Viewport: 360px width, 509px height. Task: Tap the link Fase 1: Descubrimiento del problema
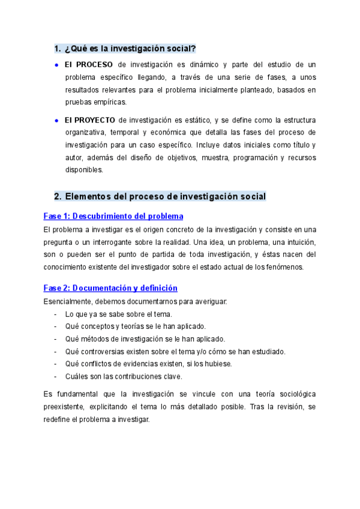(x=113, y=216)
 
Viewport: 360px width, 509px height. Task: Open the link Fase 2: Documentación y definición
(x=110, y=288)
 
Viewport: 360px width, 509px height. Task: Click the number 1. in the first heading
(x=58, y=48)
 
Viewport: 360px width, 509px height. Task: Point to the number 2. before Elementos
(x=58, y=196)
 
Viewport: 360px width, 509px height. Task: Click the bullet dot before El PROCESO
(x=56, y=64)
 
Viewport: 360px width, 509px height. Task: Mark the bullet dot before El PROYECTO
(x=56, y=119)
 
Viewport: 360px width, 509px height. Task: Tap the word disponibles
(x=84, y=169)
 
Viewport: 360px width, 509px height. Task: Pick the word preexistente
(x=65, y=406)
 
